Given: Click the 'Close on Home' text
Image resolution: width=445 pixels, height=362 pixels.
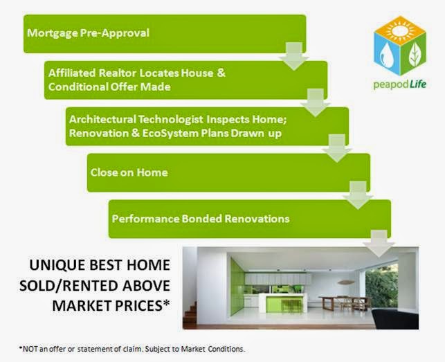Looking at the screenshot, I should point(129,172).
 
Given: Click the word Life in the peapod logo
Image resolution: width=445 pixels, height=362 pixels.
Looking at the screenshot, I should point(417,85).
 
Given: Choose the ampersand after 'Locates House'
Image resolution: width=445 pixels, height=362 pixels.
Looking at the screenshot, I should point(221,73).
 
